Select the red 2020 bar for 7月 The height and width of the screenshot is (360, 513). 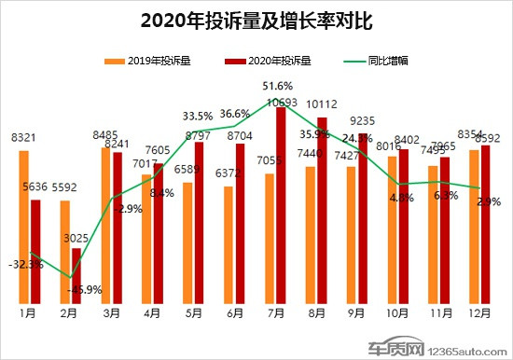click(x=281, y=205)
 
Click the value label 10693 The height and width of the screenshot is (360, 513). click(x=281, y=101)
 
